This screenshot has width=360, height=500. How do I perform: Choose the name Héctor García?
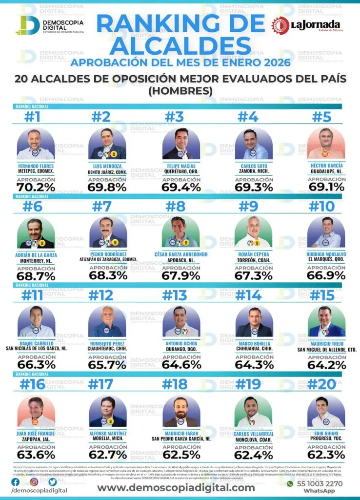click(x=326, y=166)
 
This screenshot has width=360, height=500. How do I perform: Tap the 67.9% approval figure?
click(x=180, y=275)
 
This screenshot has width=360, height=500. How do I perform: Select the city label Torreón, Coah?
click(x=253, y=260)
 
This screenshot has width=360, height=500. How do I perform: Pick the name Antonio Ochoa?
click(x=180, y=344)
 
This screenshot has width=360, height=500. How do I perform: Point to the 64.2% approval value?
click(x=326, y=364)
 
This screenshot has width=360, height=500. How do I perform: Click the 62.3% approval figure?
click(x=326, y=454)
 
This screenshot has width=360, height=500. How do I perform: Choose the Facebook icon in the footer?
click(x=16, y=481)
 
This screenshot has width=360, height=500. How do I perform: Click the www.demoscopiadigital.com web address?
click(x=176, y=487)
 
